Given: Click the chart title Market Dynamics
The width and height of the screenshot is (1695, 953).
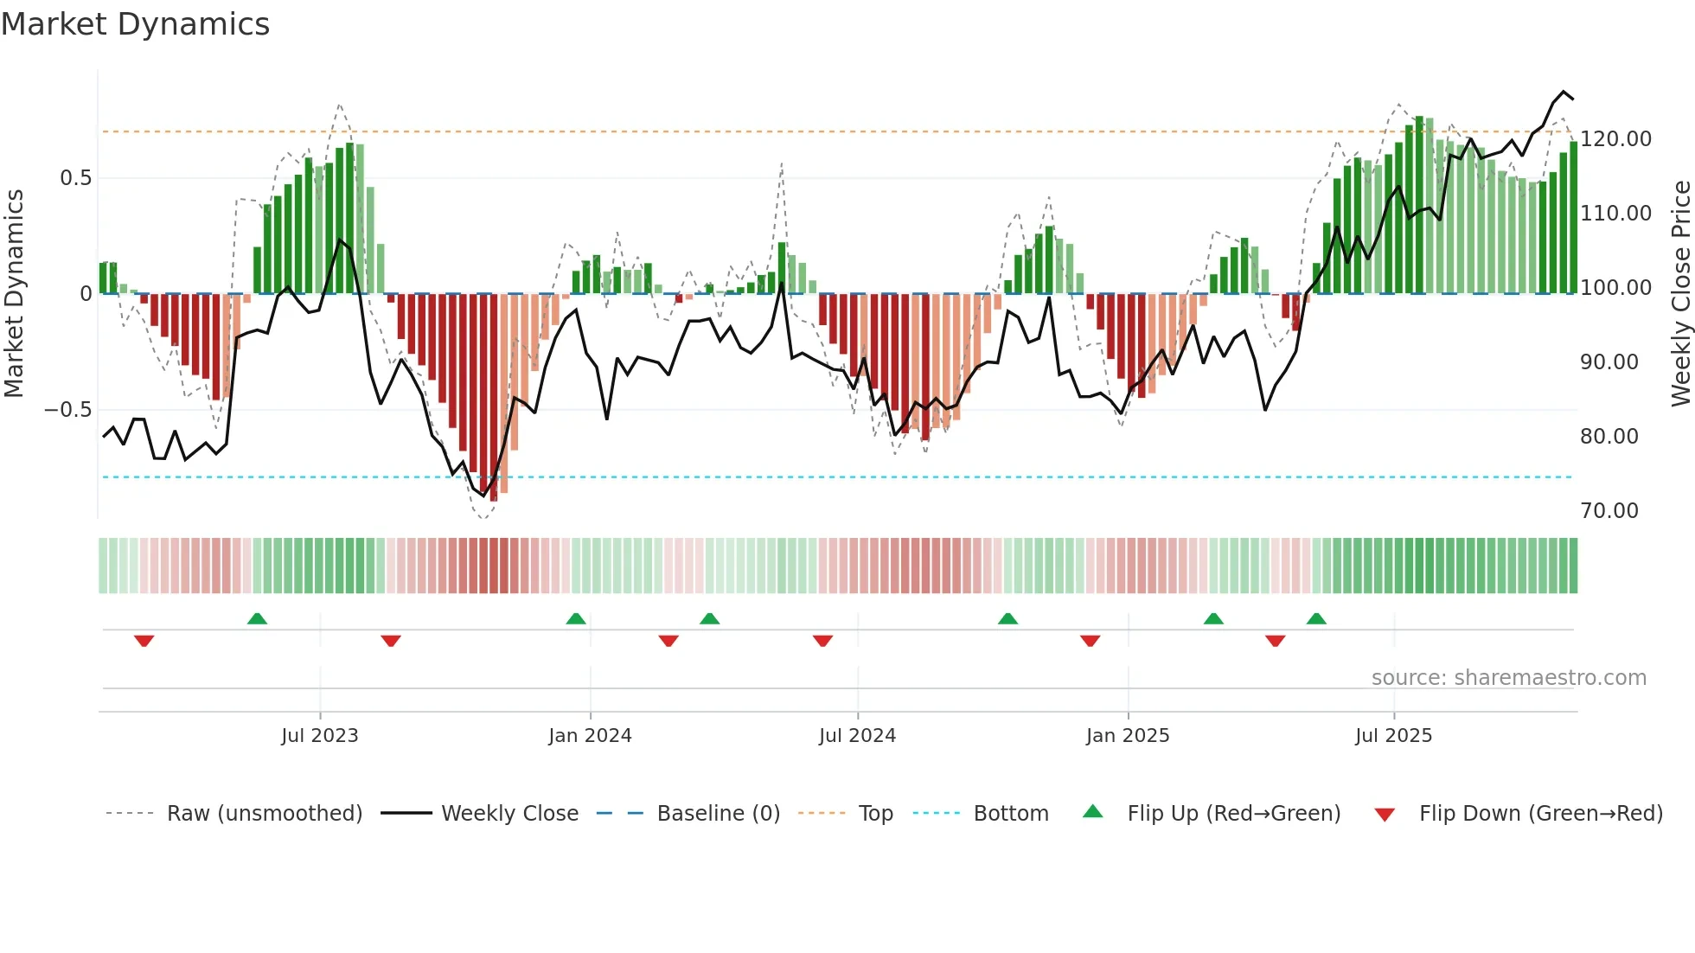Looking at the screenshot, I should coord(135,24).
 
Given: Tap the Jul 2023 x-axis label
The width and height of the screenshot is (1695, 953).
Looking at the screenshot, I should coord(319,736).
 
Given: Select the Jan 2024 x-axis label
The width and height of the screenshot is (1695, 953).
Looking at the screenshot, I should coord(590,736).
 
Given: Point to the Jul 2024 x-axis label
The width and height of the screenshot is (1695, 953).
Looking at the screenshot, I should coord(857,736).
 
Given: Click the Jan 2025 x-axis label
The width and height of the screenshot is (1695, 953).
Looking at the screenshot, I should coord(1128,736).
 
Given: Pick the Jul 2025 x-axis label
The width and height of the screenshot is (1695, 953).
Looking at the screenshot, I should coord(1393,736).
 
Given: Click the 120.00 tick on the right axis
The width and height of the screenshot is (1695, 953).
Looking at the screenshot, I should coord(1615,139).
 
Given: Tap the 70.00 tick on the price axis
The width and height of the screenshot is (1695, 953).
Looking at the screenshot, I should coord(1609,511).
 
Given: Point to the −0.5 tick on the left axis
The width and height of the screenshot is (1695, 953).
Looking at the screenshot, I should coord(67,410).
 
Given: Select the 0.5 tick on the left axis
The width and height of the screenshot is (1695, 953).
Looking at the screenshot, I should coord(75,178).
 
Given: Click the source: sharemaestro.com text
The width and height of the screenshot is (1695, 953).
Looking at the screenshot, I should coord(1508,678).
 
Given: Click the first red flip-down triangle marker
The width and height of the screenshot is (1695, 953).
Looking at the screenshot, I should coord(144,641).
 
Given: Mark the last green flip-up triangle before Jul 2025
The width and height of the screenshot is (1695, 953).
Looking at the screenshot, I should coord(1316,618).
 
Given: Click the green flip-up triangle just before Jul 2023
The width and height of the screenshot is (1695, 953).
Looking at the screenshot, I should coord(257,618).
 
